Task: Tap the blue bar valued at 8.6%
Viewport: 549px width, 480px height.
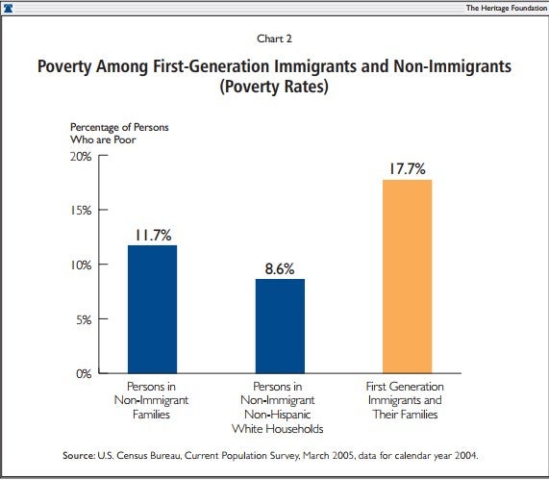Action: [x=279, y=325]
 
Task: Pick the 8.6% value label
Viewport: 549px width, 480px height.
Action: [x=279, y=267]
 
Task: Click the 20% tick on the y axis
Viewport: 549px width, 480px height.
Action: [x=83, y=156]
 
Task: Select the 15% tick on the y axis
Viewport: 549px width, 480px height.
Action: [x=83, y=210]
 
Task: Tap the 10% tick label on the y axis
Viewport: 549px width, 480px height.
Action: [x=83, y=265]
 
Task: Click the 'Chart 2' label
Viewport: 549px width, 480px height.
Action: [x=273, y=39]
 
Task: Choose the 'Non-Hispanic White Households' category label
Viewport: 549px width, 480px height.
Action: [x=279, y=408]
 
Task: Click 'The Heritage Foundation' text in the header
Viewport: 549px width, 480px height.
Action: [x=503, y=7]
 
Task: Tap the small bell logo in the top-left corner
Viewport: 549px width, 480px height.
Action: [x=9, y=7]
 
